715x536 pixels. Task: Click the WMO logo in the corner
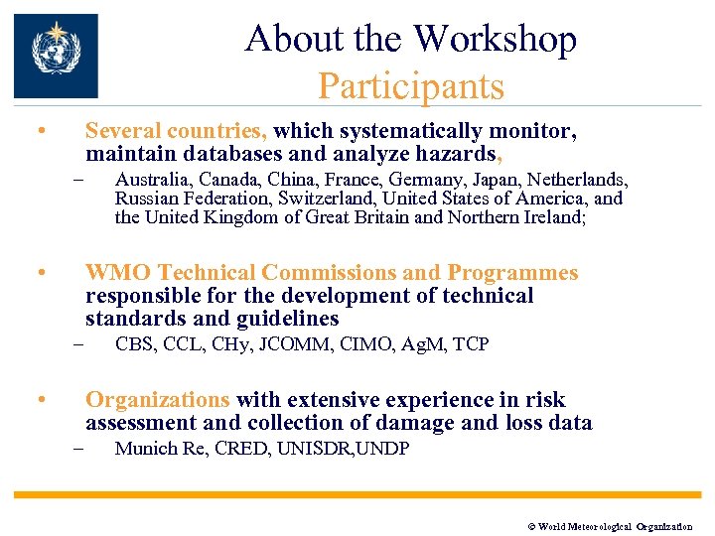(x=57, y=56)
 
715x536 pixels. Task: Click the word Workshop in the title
(x=495, y=39)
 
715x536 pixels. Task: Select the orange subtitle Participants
(x=410, y=86)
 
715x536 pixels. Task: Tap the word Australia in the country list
(x=154, y=180)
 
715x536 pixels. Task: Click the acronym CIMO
(x=368, y=344)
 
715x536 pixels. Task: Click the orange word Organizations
(x=157, y=400)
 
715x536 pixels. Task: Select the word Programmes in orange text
(x=512, y=273)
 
